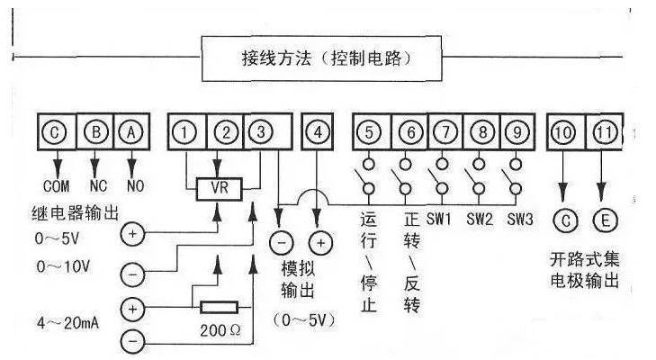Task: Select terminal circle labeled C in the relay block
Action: point(56,132)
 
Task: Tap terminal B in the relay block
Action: point(94,132)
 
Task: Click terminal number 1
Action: point(185,132)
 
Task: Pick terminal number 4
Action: point(316,132)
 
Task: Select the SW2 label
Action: point(481,219)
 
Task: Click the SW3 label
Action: point(520,219)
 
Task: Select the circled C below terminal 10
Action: point(562,219)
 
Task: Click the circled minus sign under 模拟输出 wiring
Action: point(280,243)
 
